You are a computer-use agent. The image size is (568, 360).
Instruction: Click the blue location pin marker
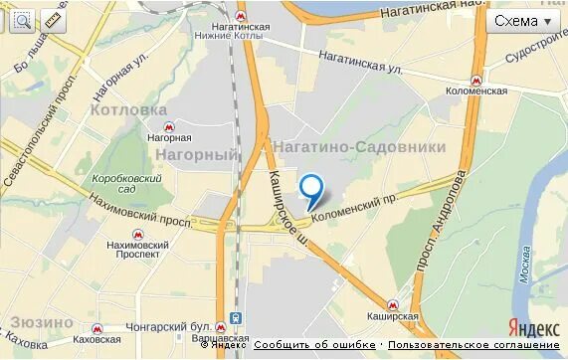[x=312, y=188]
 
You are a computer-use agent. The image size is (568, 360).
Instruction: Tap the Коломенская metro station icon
[x=476, y=78]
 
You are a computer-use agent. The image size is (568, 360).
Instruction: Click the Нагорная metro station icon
[x=169, y=126]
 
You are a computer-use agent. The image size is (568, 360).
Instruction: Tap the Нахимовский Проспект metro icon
[x=133, y=228]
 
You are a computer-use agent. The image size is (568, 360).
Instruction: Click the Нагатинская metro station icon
[x=242, y=19]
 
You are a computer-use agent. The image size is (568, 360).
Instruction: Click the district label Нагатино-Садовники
[x=359, y=147]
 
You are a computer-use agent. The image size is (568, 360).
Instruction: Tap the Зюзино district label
[x=42, y=322]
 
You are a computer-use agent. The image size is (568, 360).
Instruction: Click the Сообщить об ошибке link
[x=315, y=345]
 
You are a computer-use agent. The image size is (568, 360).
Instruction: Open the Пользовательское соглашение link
[x=473, y=345]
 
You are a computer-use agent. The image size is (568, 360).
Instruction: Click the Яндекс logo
[x=533, y=328]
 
